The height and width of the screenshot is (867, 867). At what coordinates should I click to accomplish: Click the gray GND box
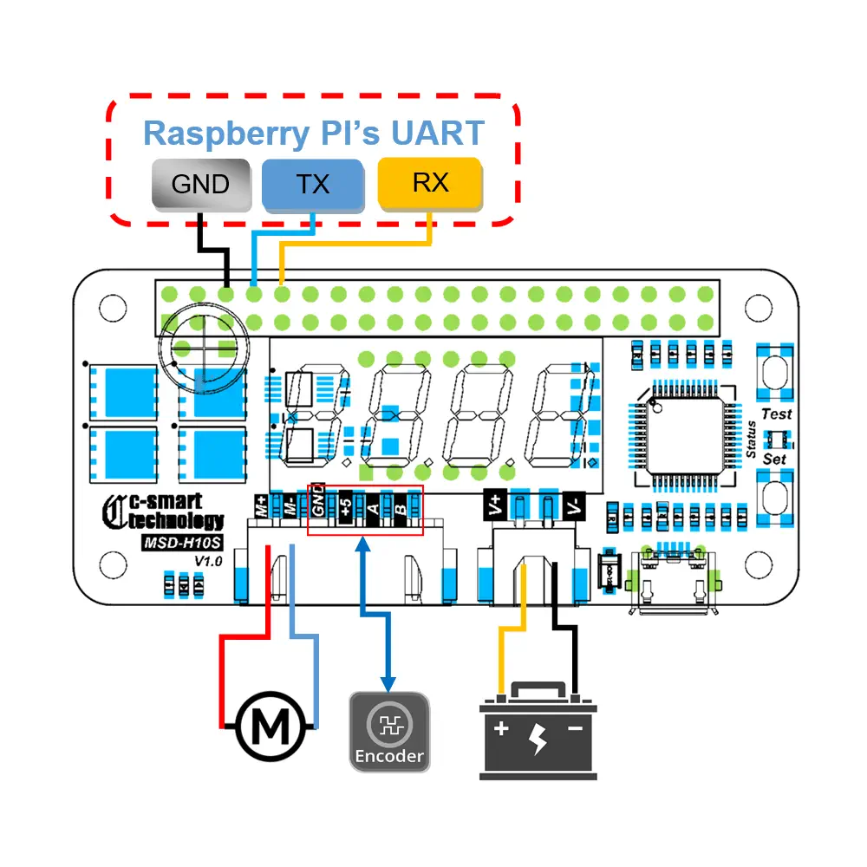click(200, 184)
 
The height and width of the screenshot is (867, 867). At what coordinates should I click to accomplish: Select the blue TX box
click(312, 184)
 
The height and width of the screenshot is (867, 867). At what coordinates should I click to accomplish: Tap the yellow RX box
click(430, 183)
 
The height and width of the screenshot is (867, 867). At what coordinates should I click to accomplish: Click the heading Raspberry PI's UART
click(313, 134)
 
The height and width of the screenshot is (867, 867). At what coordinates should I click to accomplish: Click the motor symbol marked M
click(272, 727)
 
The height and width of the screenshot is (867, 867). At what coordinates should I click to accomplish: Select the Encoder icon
click(389, 730)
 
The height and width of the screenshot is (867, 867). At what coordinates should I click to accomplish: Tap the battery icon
click(538, 733)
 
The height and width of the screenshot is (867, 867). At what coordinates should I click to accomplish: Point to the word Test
click(777, 414)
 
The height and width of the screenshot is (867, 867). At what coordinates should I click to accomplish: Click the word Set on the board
click(774, 459)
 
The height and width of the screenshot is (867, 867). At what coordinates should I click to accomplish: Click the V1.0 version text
click(209, 562)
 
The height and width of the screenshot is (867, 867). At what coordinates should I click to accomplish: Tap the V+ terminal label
click(494, 505)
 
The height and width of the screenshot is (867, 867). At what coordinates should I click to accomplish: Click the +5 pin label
click(346, 505)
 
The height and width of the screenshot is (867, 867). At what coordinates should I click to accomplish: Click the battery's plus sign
click(501, 729)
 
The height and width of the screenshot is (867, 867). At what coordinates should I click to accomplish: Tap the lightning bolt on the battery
click(538, 738)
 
